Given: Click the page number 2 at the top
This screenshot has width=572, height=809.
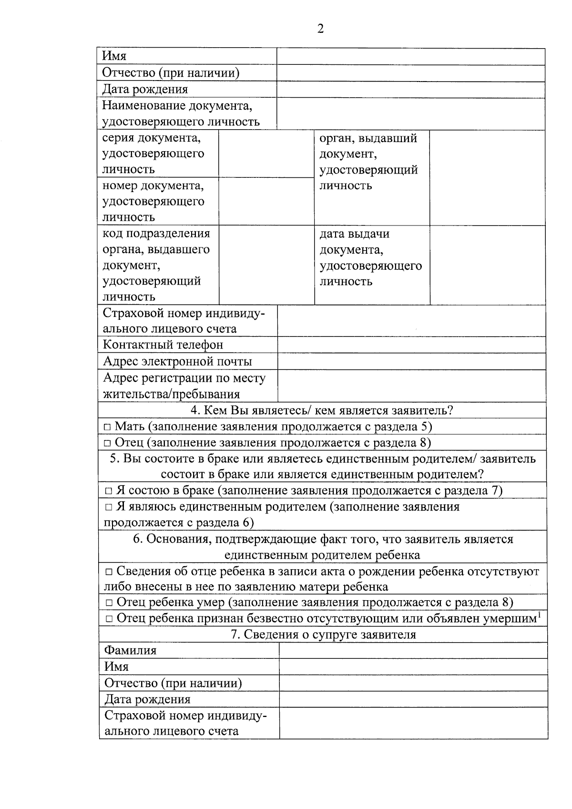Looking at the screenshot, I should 320,29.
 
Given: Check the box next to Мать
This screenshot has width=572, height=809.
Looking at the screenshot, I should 108,427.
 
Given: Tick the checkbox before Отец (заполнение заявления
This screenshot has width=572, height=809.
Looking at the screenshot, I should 108,443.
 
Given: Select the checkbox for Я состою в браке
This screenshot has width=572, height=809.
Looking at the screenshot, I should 109,491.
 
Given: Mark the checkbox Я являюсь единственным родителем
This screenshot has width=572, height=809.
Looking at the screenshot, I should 109,507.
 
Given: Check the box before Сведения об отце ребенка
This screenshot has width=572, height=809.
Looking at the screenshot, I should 109,572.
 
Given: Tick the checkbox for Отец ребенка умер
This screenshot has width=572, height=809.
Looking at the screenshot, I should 109,603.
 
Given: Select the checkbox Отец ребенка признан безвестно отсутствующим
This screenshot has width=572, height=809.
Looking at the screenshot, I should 109,619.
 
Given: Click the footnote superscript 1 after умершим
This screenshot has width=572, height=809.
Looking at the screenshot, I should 539,615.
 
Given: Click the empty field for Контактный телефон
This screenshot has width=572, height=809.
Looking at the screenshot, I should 411,345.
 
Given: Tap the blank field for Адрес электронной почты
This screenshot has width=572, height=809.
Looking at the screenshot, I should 411,361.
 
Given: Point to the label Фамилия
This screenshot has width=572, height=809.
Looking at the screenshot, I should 130,651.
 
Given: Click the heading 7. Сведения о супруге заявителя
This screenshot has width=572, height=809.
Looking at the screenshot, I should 323,635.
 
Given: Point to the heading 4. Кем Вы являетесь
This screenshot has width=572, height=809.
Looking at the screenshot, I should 322,410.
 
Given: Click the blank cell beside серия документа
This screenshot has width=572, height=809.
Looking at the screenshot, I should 266,154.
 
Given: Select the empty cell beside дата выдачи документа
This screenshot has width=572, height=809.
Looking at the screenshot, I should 487,265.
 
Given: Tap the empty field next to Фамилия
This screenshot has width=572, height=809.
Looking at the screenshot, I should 413,651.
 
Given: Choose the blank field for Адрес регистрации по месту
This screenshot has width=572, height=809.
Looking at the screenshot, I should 411,386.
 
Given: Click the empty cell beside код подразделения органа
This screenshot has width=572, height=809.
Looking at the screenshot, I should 266,265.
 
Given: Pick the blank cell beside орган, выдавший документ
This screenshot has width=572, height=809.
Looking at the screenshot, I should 487,178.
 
